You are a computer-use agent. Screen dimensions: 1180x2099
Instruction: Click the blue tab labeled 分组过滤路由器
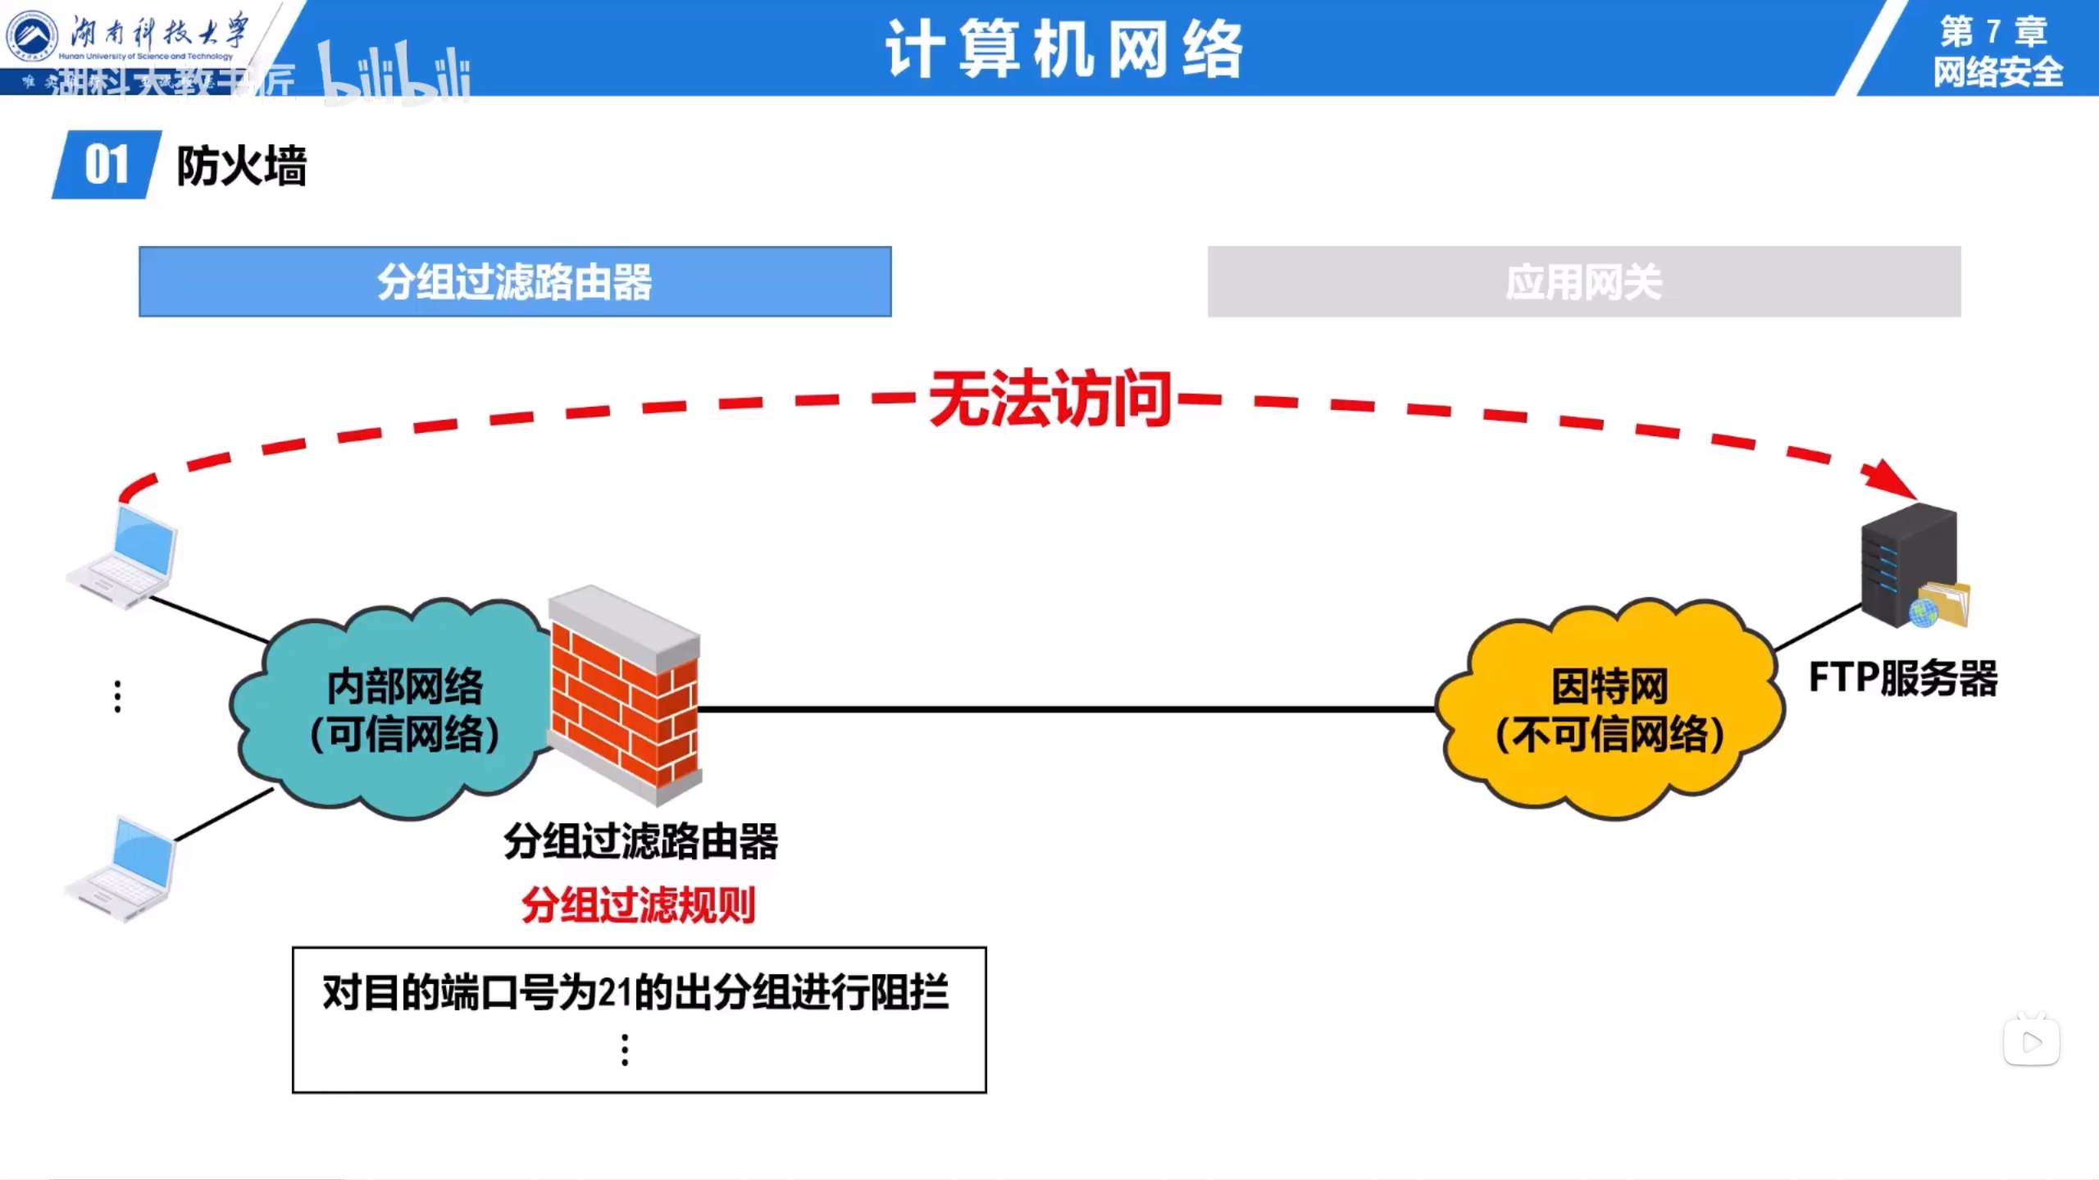(515, 281)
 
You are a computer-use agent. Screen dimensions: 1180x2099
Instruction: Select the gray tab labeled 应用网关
(1583, 281)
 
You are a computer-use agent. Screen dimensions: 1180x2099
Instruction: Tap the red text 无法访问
(1049, 399)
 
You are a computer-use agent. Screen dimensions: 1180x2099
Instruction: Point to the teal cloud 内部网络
(394, 709)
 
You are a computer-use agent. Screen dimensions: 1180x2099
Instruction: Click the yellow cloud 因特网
(1609, 709)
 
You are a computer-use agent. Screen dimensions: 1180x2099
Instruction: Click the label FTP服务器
(1903, 679)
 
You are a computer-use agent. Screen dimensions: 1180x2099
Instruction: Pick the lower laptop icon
(123, 868)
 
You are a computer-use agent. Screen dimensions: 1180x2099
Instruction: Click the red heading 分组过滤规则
(638, 905)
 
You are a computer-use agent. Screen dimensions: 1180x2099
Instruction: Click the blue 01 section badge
(107, 165)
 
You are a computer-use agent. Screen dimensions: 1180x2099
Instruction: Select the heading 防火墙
(241, 166)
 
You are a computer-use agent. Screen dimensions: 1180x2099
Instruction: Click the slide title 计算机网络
(1064, 49)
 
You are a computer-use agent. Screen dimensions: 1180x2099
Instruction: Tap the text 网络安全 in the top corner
(1997, 72)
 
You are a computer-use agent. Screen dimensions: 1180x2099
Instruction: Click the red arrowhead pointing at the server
(1890, 478)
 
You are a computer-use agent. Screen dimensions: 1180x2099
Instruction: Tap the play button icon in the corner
(2032, 1041)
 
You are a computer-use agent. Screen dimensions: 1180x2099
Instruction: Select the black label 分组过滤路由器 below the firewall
(640, 841)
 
